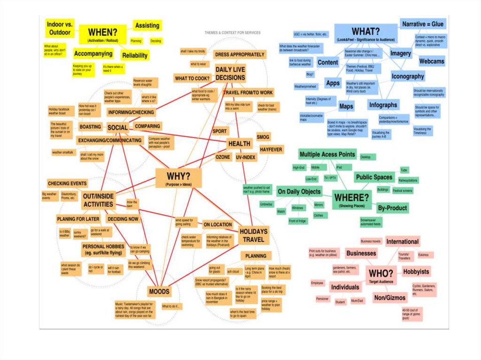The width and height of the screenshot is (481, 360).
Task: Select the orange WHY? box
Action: point(178,179)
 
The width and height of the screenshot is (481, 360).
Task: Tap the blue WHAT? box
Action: point(366,33)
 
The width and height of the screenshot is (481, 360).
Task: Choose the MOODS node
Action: point(159,292)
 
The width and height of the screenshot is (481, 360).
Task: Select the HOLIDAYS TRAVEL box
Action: point(254,236)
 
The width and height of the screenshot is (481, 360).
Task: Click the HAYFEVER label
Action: point(271,149)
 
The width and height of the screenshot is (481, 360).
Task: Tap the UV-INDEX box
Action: point(246,157)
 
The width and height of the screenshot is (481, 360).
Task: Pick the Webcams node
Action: point(432,61)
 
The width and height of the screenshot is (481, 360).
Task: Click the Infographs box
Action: point(383,105)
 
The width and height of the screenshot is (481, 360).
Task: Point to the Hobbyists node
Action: point(416,272)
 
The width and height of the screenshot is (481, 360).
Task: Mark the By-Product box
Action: point(392,208)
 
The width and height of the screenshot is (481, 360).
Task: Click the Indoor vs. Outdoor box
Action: point(59,28)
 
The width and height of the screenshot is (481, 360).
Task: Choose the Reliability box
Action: point(135,55)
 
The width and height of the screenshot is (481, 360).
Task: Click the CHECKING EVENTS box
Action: point(67,183)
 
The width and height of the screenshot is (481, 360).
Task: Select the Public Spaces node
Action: point(374,177)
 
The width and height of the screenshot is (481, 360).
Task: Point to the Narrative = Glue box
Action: point(423,24)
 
